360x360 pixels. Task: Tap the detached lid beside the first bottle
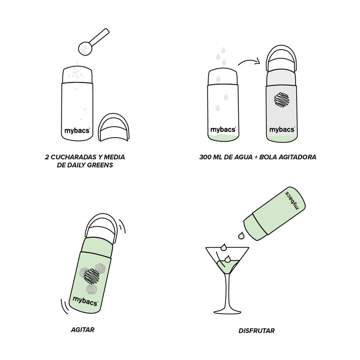(113, 127)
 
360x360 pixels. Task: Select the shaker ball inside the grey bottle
(281, 100)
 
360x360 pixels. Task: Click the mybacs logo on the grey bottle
(282, 130)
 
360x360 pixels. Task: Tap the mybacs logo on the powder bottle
(77, 131)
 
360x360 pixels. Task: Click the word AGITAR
(83, 330)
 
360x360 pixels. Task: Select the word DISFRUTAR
(256, 331)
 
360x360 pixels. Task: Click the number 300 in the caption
(205, 157)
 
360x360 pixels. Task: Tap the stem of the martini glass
(228, 292)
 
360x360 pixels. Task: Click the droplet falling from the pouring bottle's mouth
(241, 236)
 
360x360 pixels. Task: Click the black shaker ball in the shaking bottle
(92, 276)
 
